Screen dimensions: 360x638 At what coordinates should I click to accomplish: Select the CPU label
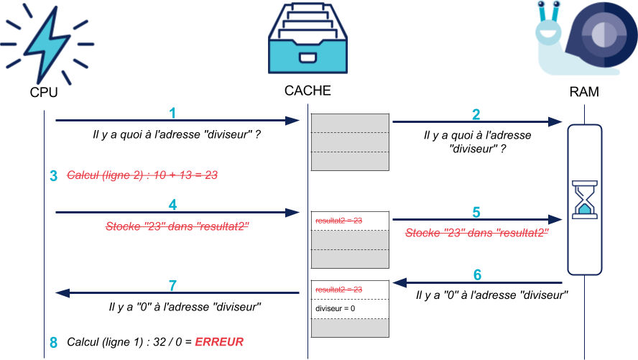pos(44,93)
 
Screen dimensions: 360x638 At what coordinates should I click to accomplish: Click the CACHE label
pos(308,91)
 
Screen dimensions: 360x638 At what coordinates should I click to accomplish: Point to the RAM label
pos(584,93)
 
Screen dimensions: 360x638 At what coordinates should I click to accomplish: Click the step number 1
pos(172,113)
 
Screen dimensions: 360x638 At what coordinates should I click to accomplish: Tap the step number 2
pos(476,114)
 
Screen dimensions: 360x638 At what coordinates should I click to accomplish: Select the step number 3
pos(53,176)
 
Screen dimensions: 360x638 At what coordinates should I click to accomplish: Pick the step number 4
pos(172,205)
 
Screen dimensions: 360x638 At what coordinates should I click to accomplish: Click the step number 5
pos(476,212)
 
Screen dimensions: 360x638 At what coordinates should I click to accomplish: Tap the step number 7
pos(172,285)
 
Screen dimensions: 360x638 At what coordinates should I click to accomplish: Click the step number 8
pos(53,342)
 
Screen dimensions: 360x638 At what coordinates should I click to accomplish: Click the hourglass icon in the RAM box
pos(584,199)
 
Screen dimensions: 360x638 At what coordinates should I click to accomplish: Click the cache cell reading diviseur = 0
pos(350,309)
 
